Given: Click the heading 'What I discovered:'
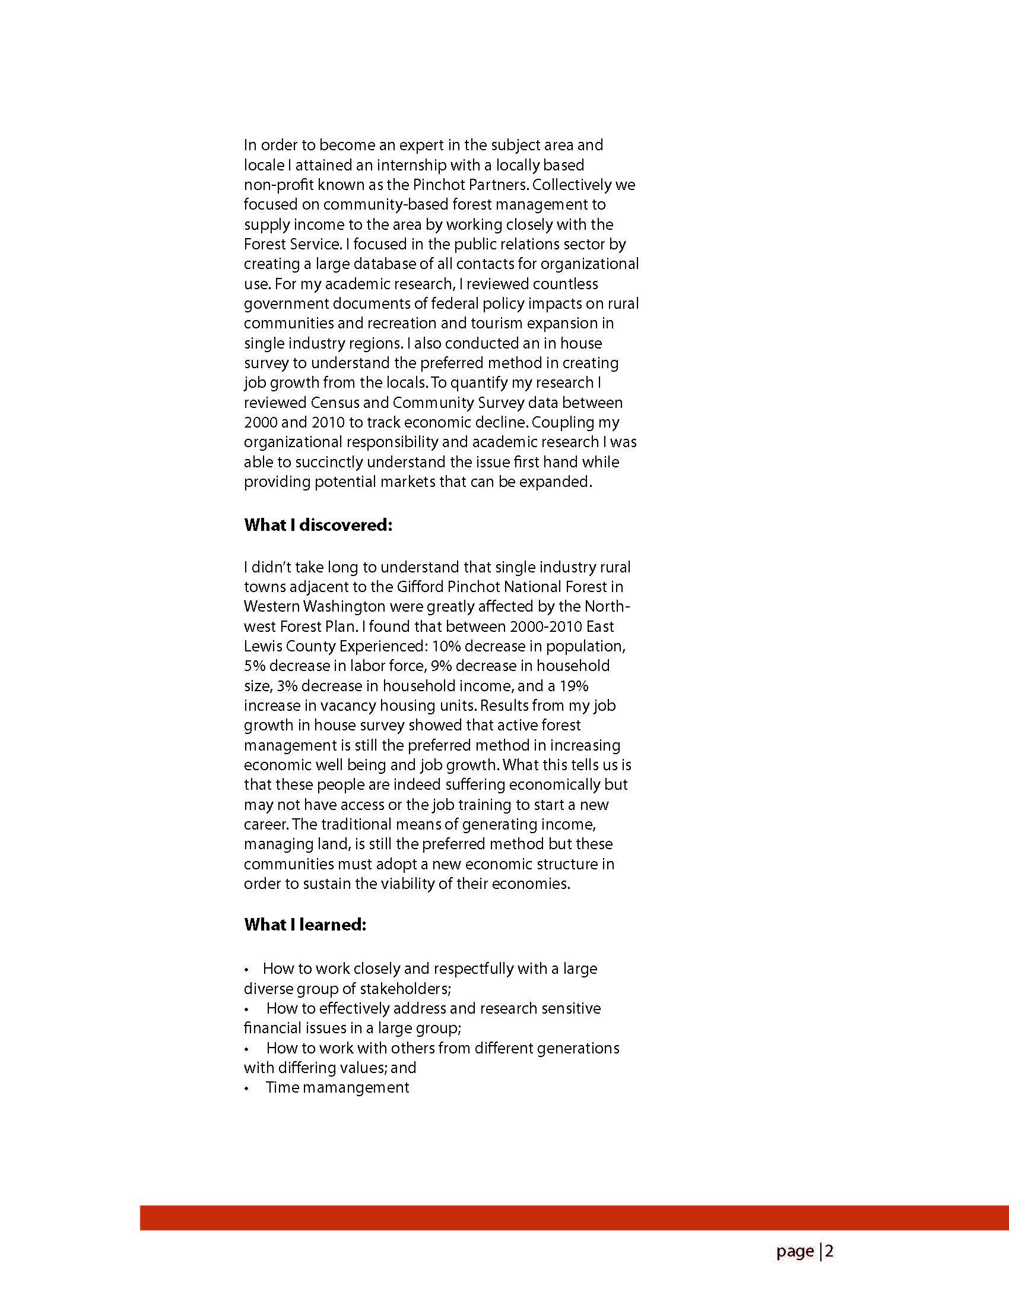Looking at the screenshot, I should [x=318, y=525].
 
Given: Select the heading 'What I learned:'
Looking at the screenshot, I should [x=305, y=925].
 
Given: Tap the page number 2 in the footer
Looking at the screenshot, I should [x=829, y=1251].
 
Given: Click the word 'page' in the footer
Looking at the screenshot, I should [x=795, y=1251].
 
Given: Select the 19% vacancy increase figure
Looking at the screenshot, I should [x=574, y=686].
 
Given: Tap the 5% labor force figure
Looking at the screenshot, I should [x=254, y=666].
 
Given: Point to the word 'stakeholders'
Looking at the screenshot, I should [x=405, y=989].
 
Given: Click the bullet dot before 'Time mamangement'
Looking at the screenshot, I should [x=246, y=1088].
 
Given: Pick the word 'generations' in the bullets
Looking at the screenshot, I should [x=578, y=1048].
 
